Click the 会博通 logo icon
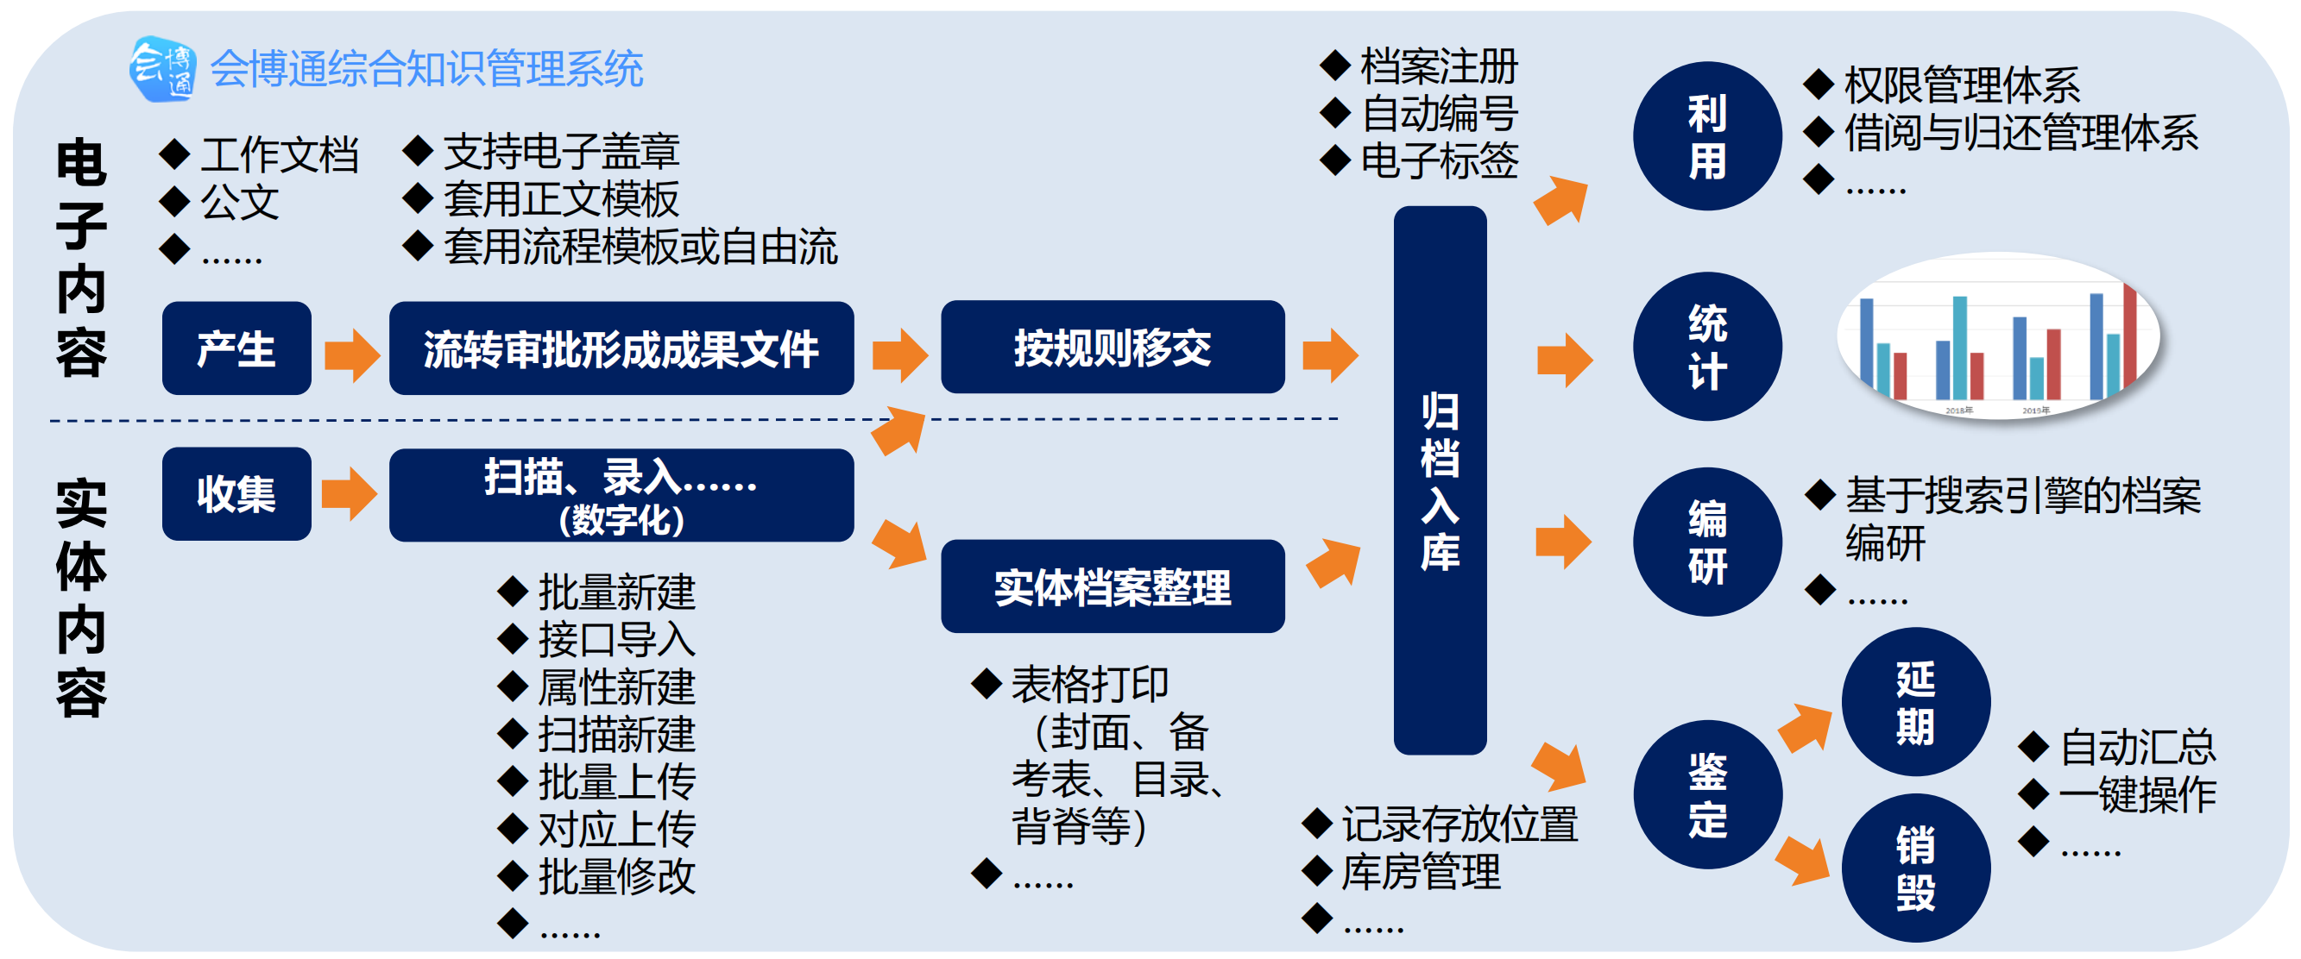click(x=161, y=68)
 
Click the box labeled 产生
click(x=236, y=348)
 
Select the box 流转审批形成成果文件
click(x=621, y=348)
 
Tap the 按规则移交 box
click(x=1112, y=348)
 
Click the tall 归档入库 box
click(x=1439, y=480)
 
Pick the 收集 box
click(x=236, y=494)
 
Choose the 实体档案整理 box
click(x=1112, y=586)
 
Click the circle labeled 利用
click(x=1706, y=136)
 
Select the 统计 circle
click(x=1706, y=347)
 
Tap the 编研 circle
click(x=1706, y=542)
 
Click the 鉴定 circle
click(x=1706, y=793)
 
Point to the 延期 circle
click(x=1915, y=702)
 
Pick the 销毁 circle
click(x=1915, y=867)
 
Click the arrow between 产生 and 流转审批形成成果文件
click(x=351, y=354)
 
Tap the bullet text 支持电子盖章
click(x=561, y=151)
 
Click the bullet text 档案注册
click(x=1438, y=66)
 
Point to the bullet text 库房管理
click(x=1421, y=872)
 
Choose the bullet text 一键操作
click(x=2137, y=793)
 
